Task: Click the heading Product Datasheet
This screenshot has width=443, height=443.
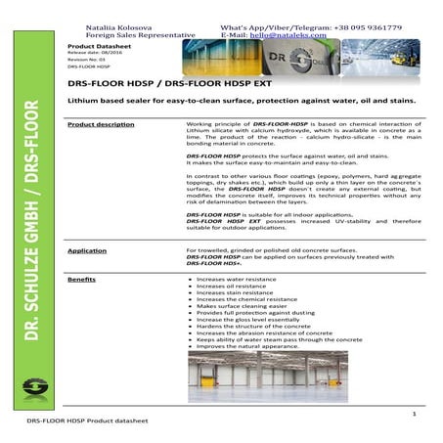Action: tap(96, 46)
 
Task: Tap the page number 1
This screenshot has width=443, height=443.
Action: tap(414, 416)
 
